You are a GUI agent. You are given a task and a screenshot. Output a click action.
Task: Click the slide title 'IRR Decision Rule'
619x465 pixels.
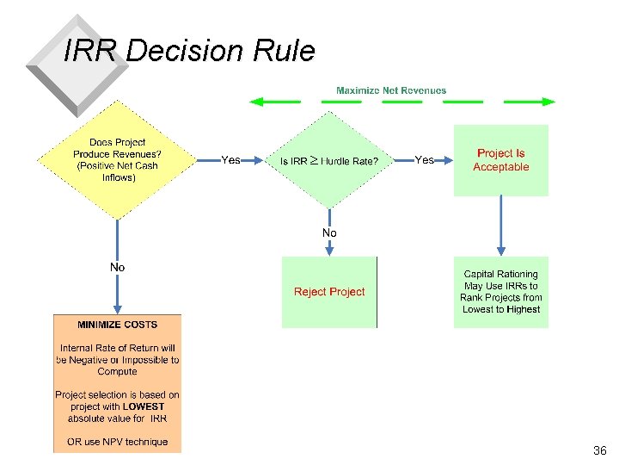click(x=189, y=52)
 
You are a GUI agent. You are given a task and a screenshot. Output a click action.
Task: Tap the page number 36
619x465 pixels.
click(x=599, y=450)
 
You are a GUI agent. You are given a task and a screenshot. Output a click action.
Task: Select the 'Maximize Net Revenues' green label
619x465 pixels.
click(x=391, y=90)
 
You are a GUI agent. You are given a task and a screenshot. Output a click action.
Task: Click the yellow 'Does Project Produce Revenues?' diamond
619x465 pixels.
click(x=117, y=160)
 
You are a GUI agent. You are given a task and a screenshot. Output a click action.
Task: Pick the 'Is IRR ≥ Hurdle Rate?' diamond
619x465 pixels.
click(x=329, y=161)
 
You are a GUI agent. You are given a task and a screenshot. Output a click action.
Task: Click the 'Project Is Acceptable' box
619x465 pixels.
click(x=500, y=160)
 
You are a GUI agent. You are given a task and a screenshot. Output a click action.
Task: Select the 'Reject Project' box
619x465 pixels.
click(x=329, y=292)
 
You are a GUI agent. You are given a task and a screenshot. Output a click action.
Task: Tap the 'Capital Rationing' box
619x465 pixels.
click(x=500, y=292)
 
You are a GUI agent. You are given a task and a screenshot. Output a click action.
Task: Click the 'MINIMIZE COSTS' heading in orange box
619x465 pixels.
click(x=117, y=325)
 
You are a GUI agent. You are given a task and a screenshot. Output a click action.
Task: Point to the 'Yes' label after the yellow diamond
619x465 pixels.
click(x=230, y=160)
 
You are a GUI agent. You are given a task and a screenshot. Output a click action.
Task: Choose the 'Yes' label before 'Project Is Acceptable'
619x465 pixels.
click(x=424, y=160)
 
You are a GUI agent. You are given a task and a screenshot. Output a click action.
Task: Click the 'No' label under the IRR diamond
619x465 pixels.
click(x=329, y=233)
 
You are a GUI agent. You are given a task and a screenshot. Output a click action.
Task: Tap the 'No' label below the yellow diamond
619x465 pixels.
click(x=117, y=268)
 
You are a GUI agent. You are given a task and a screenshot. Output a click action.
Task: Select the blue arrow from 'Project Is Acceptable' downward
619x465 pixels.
click(x=500, y=224)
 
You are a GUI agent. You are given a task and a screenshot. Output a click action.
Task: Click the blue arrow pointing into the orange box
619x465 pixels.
click(x=117, y=297)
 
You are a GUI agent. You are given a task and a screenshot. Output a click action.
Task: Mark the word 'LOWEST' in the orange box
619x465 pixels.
click(x=143, y=406)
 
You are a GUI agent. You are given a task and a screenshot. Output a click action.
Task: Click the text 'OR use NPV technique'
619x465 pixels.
click(x=117, y=443)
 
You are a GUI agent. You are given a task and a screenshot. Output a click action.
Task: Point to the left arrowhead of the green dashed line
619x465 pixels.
click(x=254, y=102)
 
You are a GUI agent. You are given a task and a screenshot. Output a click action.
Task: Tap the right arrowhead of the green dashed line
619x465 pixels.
click(x=549, y=102)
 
